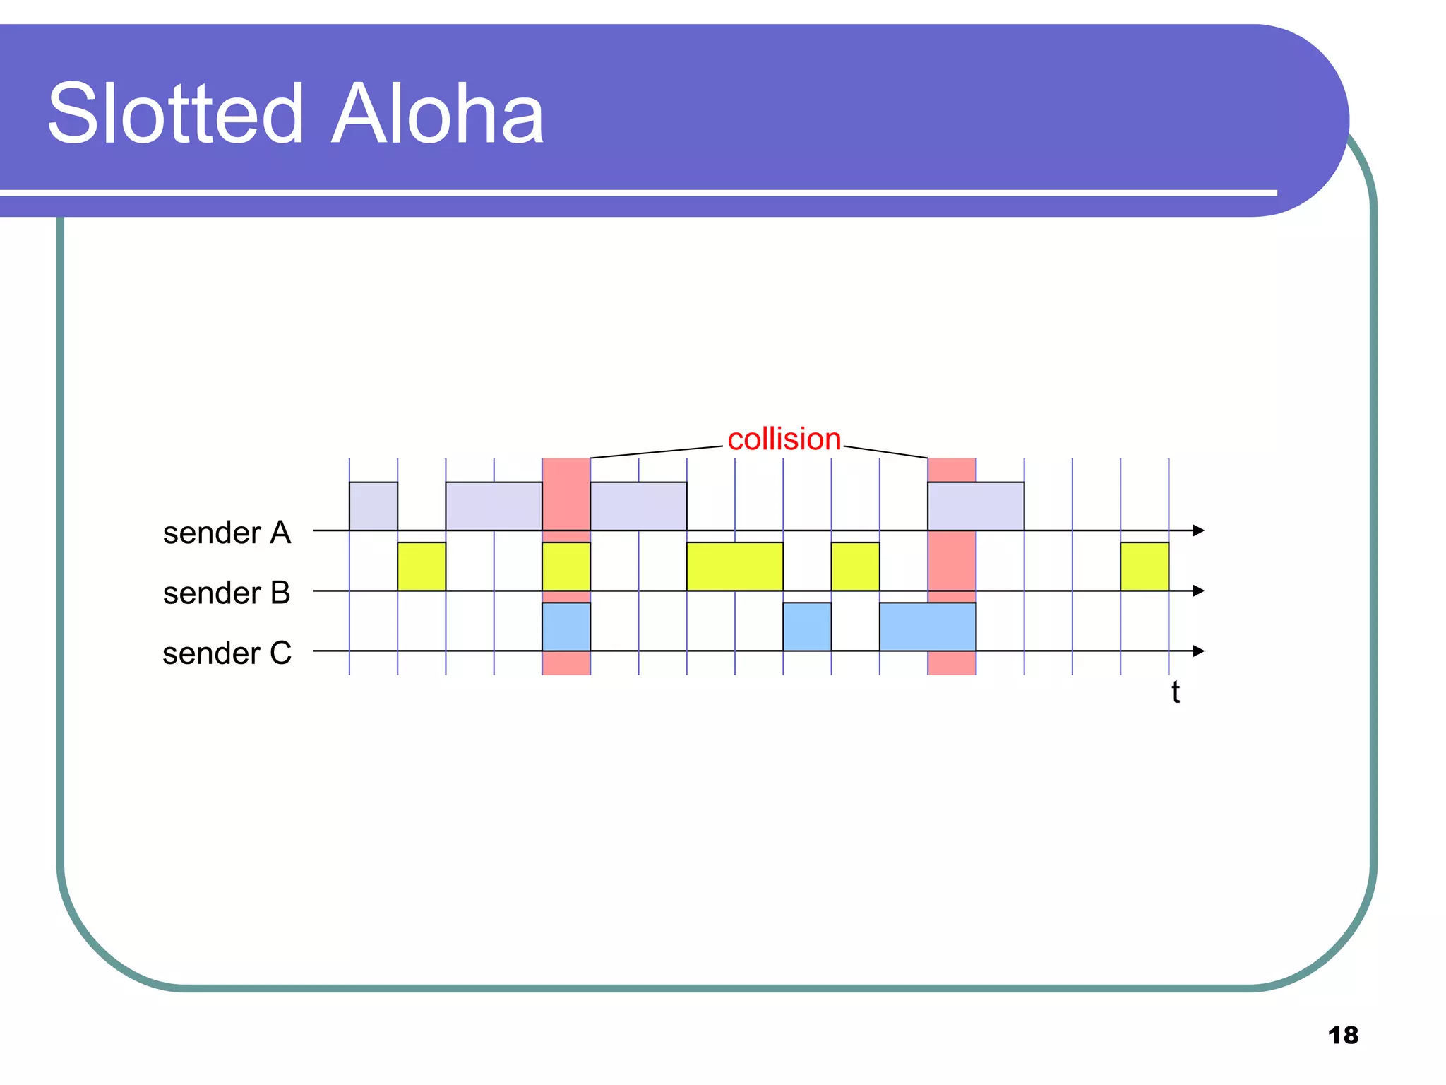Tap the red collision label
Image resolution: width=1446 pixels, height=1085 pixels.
tap(784, 439)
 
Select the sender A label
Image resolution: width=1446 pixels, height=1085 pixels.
tap(227, 533)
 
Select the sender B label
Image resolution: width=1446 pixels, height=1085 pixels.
tap(227, 593)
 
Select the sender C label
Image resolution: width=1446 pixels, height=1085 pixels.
tap(227, 653)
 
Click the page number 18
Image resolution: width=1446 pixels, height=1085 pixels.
tap(1342, 1036)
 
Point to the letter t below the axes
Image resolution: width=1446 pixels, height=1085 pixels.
tap(1175, 692)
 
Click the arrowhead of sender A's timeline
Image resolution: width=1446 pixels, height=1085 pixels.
tap(1198, 530)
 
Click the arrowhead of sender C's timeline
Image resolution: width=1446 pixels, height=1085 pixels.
tap(1198, 651)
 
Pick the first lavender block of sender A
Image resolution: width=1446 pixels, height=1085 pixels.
tap(374, 506)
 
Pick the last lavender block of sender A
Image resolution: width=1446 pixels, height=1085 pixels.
tap(976, 506)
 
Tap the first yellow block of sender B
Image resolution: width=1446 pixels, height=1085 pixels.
tap(422, 567)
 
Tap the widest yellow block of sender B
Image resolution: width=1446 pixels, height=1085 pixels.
tap(735, 567)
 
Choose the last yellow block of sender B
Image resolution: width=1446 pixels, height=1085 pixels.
tap(1145, 567)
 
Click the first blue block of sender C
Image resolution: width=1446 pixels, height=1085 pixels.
tap(566, 627)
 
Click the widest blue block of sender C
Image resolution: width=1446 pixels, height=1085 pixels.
tap(928, 627)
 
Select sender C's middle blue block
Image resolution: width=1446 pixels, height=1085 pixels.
tap(807, 627)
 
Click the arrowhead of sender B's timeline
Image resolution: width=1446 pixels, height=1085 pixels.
tap(1198, 591)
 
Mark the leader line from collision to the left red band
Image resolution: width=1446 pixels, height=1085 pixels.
tap(657, 452)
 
